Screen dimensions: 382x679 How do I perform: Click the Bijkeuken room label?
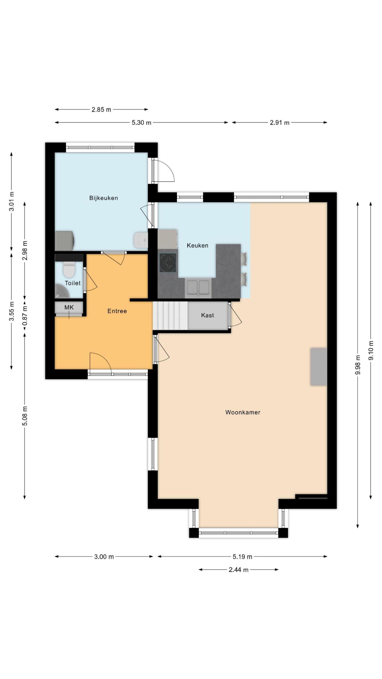[x=103, y=198]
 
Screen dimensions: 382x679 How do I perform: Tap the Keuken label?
[x=197, y=245]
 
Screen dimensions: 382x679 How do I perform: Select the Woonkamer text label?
[x=243, y=412]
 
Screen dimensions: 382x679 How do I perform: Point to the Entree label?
[x=117, y=311]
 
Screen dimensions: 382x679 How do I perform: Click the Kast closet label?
[x=207, y=315]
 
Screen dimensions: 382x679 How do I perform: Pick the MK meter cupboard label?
[x=69, y=307]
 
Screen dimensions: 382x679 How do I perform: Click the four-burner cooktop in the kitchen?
[x=168, y=263]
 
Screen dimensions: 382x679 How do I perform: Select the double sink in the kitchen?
[x=198, y=287]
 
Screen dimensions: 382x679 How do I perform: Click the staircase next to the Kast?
[x=170, y=316]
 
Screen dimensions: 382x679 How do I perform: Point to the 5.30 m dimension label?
[x=141, y=123]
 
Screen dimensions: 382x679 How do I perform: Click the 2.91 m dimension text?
[x=280, y=123]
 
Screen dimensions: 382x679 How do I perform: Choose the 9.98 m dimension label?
[x=358, y=365]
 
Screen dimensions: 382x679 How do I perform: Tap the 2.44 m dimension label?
[x=238, y=569]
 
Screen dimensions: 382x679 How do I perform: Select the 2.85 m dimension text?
[x=101, y=110]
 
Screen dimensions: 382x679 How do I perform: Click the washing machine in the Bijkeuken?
[x=65, y=241]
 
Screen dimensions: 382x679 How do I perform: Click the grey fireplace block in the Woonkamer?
[x=319, y=367]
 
